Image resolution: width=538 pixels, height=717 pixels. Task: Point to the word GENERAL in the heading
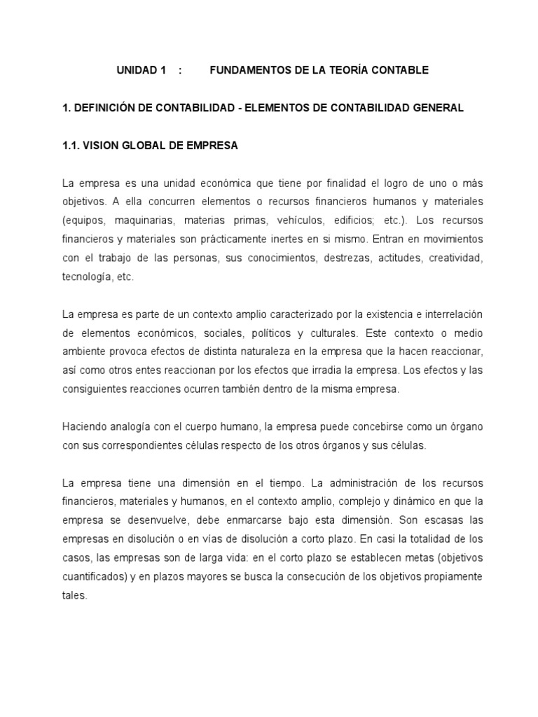click(438, 108)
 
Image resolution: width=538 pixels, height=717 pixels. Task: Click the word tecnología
click(89, 277)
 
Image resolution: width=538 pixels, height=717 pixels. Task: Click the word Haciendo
click(84, 427)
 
